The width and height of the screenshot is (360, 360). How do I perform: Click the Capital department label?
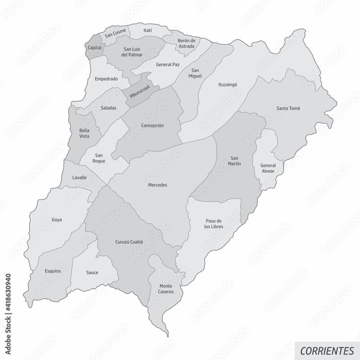(x=94, y=48)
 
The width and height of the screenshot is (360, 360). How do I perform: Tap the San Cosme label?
(x=115, y=33)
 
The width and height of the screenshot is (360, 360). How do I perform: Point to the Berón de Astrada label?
(x=186, y=43)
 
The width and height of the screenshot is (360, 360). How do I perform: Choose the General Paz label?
(x=168, y=65)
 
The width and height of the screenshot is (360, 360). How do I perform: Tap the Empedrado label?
(x=106, y=78)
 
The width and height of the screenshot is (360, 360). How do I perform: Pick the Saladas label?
(x=108, y=108)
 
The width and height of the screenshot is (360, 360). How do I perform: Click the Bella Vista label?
(x=84, y=133)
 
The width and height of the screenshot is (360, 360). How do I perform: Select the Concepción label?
(x=153, y=126)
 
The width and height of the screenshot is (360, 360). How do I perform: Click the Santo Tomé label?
(x=288, y=108)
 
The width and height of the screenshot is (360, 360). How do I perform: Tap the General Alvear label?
(x=267, y=168)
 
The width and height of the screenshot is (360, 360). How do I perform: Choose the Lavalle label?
(x=79, y=177)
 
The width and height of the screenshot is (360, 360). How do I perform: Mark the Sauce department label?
(x=92, y=273)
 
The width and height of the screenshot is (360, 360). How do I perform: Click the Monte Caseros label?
(x=166, y=289)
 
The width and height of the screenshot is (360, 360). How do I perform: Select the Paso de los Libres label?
(x=214, y=224)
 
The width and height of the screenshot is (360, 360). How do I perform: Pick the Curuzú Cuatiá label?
(x=129, y=242)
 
